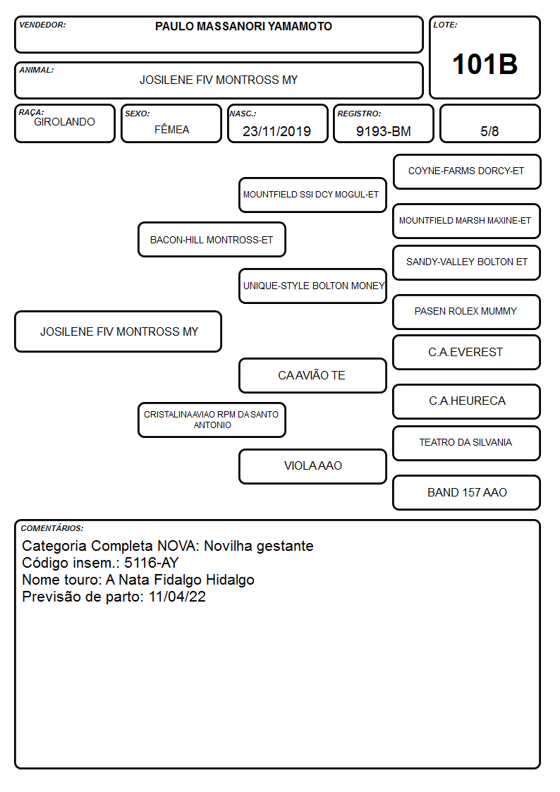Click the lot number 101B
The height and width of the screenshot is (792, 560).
click(x=485, y=64)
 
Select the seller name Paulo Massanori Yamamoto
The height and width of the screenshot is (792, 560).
click(x=243, y=26)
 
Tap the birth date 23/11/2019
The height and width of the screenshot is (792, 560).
click(x=276, y=131)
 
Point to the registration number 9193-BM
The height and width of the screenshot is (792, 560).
click(x=383, y=131)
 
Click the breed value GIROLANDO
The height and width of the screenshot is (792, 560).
click(x=64, y=122)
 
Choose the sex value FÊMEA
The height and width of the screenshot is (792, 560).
click(x=171, y=129)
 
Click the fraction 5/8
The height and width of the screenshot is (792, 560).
click(x=489, y=131)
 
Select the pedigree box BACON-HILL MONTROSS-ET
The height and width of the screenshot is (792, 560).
click(x=212, y=240)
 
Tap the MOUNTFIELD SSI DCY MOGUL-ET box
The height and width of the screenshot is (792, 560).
click(x=312, y=195)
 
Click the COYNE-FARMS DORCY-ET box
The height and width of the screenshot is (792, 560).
click(x=467, y=172)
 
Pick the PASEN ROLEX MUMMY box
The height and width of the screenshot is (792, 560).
click(x=467, y=312)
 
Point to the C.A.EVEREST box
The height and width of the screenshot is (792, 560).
click(x=467, y=353)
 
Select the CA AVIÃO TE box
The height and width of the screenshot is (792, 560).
click(x=312, y=375)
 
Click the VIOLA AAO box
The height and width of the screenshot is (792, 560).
click(x=312, y=466)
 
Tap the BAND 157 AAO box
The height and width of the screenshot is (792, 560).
click(x=467, y=492)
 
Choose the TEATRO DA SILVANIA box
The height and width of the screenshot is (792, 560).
click(x=467, y=443)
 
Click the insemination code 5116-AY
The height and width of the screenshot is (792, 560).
click(x=152, y=563)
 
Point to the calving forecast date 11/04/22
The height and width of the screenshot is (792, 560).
click(x=177, y=597)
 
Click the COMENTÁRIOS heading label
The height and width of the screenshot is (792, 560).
click(x=52, y=528)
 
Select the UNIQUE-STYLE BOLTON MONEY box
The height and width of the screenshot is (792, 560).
click(x=312, y=286)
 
